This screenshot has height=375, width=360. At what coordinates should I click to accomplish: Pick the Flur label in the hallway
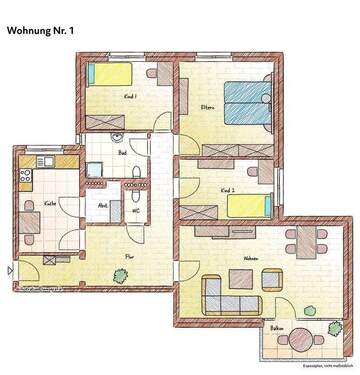tap(129, 256)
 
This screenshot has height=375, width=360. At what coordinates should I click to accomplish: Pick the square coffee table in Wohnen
tap(242, 282)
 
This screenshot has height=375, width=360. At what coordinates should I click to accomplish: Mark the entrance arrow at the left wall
tap(11, 269)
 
